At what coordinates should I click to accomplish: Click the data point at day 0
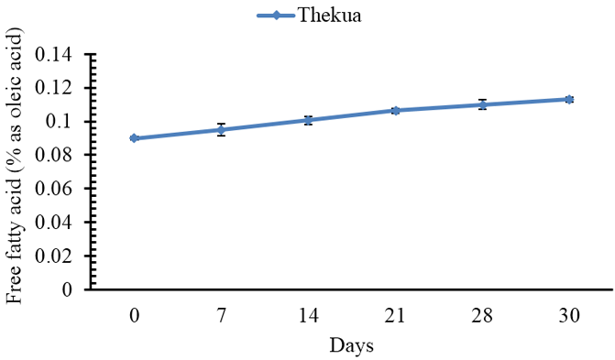[134, 138]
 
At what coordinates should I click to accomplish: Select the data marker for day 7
[221, 129]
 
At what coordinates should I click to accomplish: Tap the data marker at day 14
[308, 120]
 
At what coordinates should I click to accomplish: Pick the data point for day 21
[395, 111]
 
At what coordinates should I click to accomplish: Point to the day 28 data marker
[482, 104]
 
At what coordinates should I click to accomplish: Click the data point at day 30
[569, 99]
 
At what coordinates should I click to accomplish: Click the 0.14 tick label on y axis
[54, 54]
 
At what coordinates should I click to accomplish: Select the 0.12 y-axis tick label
[54, 88]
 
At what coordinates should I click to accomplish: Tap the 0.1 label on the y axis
[59, 122]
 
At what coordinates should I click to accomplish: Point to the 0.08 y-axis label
[54, 156]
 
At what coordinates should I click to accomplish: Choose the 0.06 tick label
[54, 189]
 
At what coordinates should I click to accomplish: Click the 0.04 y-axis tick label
[54, 223]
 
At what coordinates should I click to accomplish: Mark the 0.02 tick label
[54, 256]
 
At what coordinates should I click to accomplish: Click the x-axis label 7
[222, 315]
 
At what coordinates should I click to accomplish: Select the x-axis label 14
[309, 315]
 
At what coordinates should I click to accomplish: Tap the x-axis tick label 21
[395, 315]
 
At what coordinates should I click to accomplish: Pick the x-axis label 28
[482, 315]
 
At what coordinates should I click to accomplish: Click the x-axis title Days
[351, 345]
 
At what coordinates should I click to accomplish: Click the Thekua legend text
[329, 16]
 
